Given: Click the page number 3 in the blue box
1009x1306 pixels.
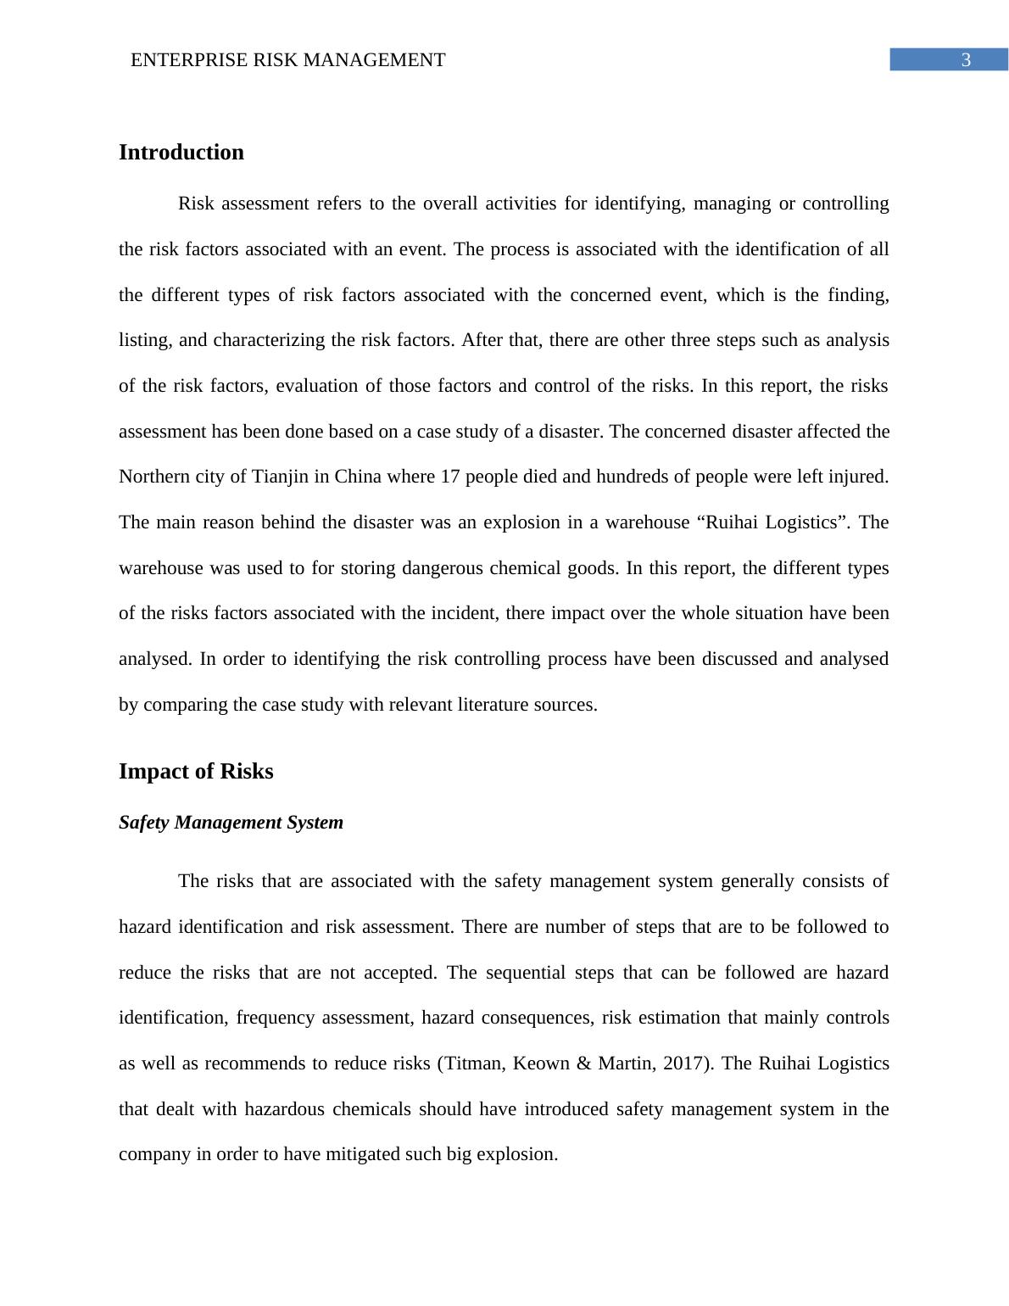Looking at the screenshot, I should tap(965, 60).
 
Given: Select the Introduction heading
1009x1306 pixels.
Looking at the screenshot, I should tap(181, 153).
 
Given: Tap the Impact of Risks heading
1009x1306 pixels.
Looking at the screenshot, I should tap(196, 772).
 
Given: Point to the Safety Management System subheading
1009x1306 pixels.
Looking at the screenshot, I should tap(231, 823).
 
